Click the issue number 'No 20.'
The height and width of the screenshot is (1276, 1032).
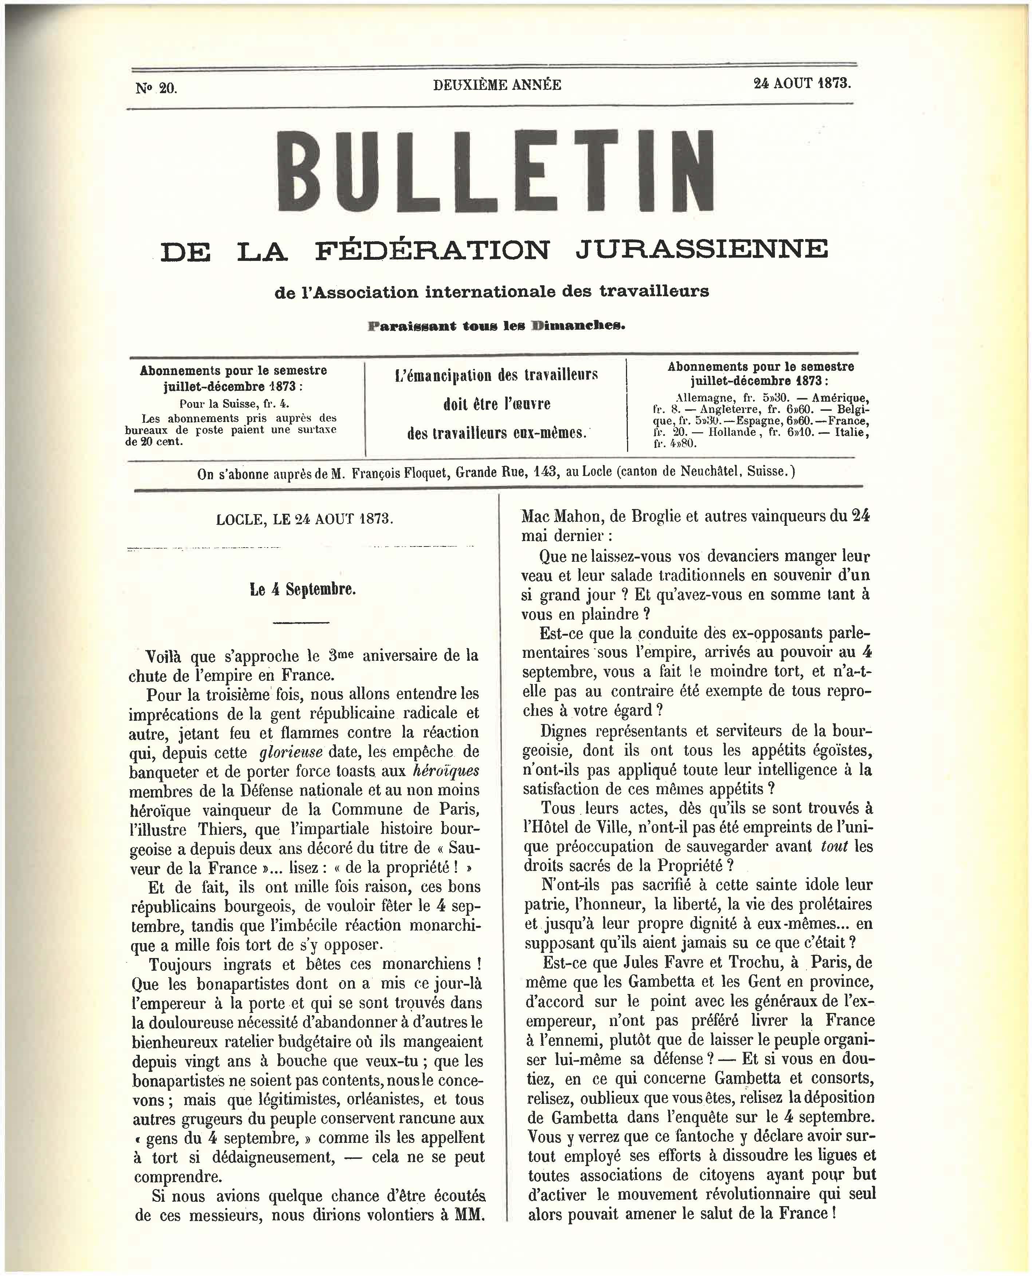tap(156, 88)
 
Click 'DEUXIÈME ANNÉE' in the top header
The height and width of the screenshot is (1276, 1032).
tap(497, 85)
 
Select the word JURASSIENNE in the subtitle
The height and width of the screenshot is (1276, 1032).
tap(701, 250)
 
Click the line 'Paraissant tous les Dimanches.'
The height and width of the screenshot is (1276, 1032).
tap(497, 326)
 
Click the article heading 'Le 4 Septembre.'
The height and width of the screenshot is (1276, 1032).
tap(303, 589)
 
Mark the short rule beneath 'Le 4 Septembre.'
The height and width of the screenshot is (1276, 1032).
tap(302, 623)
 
